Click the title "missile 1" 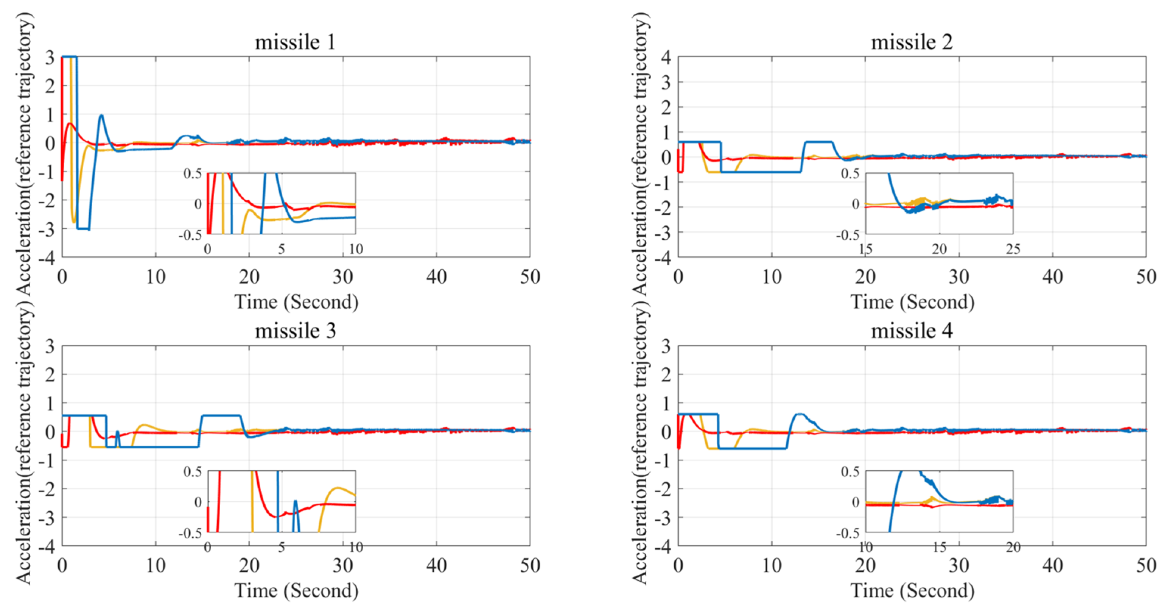[x=295, y=43]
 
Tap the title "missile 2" [x=912, y=43]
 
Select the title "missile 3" [x=295, y=331]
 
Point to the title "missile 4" [x=912, y=331]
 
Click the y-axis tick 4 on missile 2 [x=666, y=58]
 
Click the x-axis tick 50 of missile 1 [x=530, y=277]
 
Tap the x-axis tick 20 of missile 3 [x=249, y=566]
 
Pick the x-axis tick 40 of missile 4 [x=1052, y=566]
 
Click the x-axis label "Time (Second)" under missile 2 [x=912, y=302]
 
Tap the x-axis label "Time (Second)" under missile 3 [x=296, y=591]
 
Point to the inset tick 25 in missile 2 [x=1013, y=249]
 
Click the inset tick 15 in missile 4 [x=940, y=548]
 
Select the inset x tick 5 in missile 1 [x=281, y=249]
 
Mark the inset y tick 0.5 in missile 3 [x=193, y=472]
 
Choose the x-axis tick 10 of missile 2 [x=772, y=277]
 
